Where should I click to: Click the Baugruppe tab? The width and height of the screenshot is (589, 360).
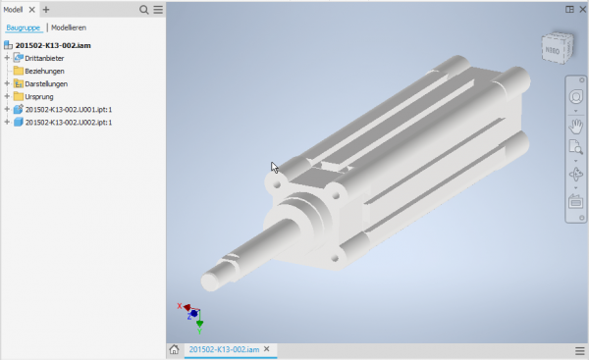(23, 27)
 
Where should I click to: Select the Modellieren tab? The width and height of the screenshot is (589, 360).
(69, 27)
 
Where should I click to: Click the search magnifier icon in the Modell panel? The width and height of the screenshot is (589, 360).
(144, 10)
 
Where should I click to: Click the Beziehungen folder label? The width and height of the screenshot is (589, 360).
(44, 71)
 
